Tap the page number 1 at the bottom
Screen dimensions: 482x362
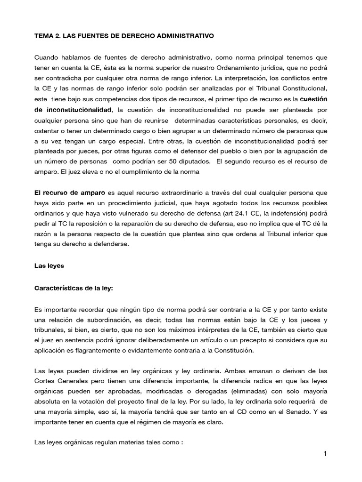[x=325, y=454]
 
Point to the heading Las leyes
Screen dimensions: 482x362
[x=49, y=265]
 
